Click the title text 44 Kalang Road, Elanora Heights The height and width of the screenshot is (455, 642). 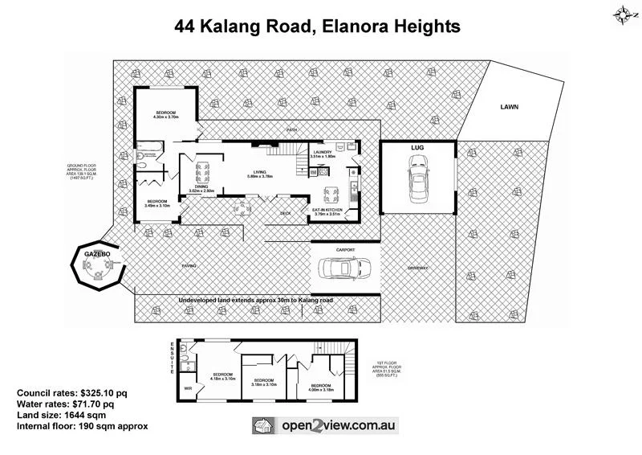point(318,27)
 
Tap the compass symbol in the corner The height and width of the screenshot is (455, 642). point(623,13)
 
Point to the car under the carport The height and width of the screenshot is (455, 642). point(344,268)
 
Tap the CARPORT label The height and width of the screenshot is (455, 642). point(345,250)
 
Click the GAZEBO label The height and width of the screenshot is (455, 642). point(97,254)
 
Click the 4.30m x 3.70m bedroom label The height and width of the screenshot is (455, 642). point(166,115)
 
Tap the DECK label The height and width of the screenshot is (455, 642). point(284,213)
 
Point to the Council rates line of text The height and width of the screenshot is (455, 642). point(71,392)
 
